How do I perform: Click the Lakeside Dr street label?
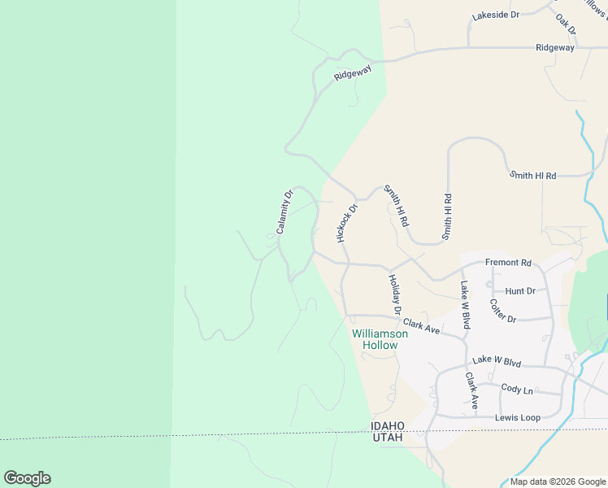[495, 15]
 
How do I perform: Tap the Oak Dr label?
[567, 24]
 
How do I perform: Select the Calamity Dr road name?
[284, 212]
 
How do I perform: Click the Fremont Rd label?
[507, 263]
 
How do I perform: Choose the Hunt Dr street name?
[520, 290]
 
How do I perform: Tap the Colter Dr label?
[502, 312]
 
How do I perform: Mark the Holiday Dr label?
[395, 294]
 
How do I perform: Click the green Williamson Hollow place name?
[375, 339]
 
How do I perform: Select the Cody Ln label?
[517, 390]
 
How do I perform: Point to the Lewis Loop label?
[518, 417]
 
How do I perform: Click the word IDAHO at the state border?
[388, 425]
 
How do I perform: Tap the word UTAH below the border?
[388, 438]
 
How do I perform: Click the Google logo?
[27, 478]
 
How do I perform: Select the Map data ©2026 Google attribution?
[557, 481]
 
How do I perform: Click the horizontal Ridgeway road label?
[555, 48]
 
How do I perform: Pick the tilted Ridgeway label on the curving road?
[353, 72]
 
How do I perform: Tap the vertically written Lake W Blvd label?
[465, 299]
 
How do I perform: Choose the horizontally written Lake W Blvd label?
[496, 360]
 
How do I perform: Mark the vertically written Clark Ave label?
[471, 391]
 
